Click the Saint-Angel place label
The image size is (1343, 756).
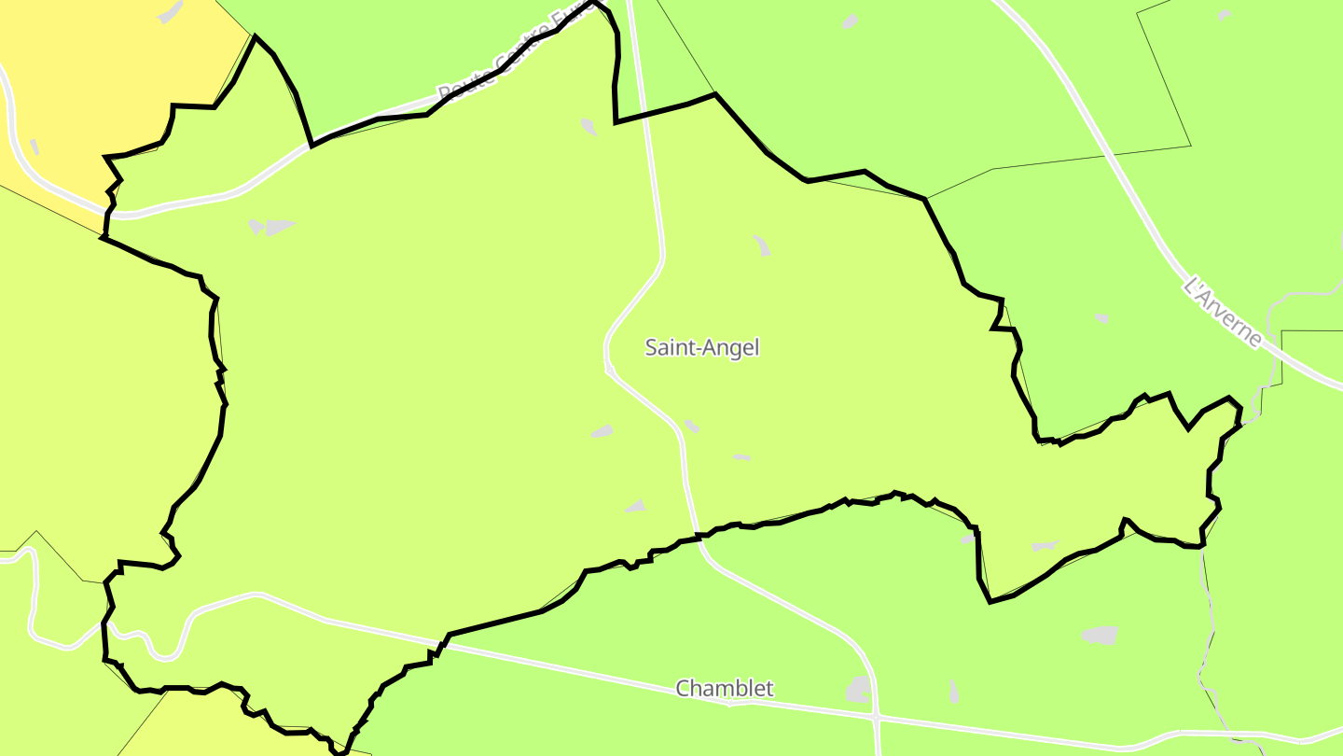[702, 348]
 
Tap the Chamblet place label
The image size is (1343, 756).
[725, 689]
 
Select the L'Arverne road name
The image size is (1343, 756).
[1222, 311]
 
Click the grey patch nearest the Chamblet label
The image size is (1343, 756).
[859, 690]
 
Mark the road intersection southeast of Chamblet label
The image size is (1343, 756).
[877, 719]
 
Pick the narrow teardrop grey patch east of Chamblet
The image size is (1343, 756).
[952, 692]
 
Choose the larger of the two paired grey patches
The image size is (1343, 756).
[280, 226]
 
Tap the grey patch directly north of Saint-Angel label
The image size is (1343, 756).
[762, 245]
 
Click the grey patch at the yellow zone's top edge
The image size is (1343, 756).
[170, 12]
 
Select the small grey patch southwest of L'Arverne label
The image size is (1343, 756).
[1101, 318]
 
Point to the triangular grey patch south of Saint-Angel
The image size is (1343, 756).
[636, 506]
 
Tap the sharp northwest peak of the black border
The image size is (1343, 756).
[255, 37]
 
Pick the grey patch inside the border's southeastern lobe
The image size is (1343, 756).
[1045, 546]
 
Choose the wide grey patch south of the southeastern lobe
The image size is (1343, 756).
[1100, 636]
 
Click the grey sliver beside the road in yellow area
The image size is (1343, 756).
[35, 147]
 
